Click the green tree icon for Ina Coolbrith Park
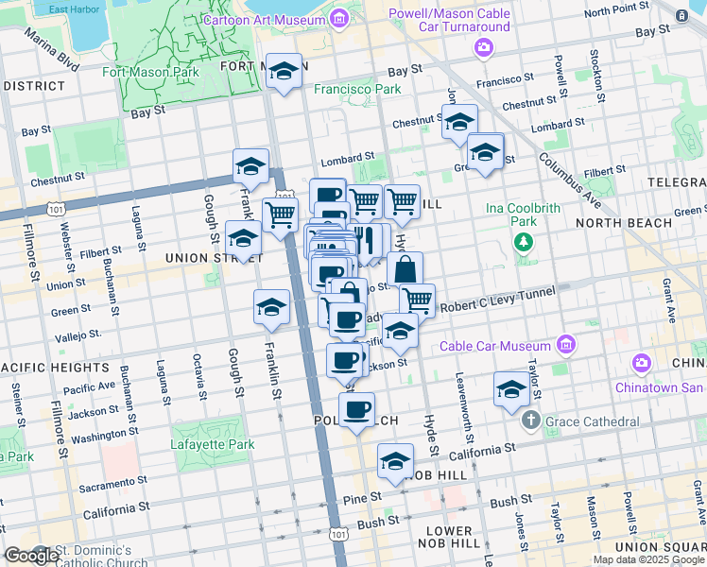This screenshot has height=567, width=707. pos(524,242)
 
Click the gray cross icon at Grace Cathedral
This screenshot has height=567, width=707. pos(531,419)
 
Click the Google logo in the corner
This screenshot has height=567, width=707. pos(32,556)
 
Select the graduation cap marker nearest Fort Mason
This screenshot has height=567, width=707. pos(283,72)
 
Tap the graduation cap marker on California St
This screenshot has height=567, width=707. pos(396,462)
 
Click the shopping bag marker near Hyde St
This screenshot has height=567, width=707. pos(405,269)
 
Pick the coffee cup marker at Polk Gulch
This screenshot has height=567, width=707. pos(356,410)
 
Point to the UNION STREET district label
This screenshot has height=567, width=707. pos(205,257)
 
